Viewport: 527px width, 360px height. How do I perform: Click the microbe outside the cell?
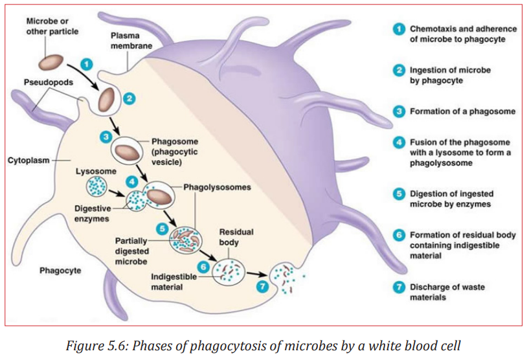(51, 62)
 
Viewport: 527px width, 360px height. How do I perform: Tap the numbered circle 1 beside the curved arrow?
(87, 64)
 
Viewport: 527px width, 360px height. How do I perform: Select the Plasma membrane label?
(131, 41)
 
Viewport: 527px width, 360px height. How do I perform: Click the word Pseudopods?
(49, 82)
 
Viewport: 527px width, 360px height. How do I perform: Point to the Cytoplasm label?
(28, 161)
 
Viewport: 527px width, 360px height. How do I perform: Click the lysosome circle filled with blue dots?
(96, 187)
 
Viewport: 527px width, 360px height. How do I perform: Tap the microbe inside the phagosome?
(127, 152)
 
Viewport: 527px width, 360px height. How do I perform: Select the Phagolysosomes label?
(217, 187)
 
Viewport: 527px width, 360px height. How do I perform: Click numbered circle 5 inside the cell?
(163, 229)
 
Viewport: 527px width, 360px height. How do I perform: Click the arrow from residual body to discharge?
(258, 274)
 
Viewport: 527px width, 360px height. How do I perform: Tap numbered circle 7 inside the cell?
(262, 286)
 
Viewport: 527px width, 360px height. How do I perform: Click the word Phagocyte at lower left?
(60, 271)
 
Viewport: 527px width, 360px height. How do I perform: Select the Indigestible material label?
(174, 282)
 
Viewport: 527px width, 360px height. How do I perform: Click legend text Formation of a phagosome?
(462, 111)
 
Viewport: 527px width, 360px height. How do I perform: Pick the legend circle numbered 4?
(399, 142)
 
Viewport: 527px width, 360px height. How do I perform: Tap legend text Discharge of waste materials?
(447, 292)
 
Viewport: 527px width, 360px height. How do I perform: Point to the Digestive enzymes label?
(92, 214)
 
